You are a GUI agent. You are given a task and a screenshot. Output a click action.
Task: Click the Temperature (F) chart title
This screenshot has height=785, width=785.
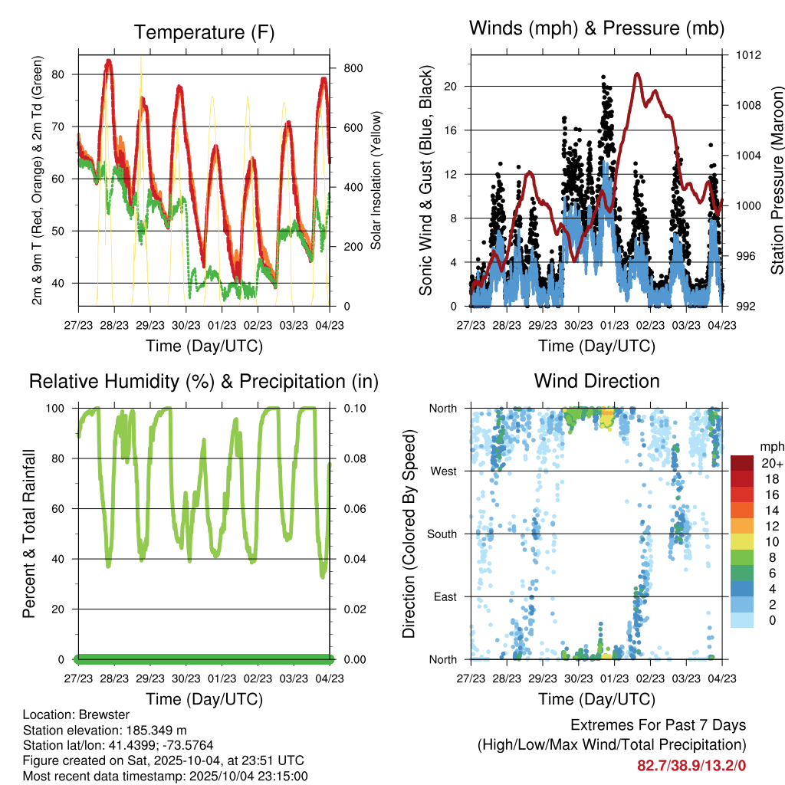tap(203, 32)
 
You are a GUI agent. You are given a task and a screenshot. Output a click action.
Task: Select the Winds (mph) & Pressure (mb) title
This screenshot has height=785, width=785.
tap(596, 28)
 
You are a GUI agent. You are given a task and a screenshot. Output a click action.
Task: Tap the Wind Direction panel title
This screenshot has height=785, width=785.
tap(596, 381)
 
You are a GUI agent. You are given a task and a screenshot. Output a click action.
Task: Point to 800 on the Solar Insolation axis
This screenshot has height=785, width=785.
tap(353, 68)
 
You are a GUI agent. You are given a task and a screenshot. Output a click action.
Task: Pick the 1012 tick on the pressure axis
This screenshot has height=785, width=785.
tap(747, 55)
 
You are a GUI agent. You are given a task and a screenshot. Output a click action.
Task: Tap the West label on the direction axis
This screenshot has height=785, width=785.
tap(445, 471)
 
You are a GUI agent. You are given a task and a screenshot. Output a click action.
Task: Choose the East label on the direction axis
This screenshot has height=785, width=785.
tap(445, 597)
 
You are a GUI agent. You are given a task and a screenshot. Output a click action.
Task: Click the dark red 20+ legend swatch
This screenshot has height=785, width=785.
tap(741, 463)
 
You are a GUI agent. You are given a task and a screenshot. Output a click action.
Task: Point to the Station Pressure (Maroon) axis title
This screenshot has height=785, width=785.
tap(777, 180)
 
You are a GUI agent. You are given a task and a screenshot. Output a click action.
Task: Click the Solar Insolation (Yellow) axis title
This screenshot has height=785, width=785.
tap(376, 180)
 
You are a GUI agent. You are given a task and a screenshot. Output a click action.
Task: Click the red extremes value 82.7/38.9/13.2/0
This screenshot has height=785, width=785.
tap(691, 765)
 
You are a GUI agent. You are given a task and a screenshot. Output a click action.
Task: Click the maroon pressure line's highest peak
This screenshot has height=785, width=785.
tap(637, 74)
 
